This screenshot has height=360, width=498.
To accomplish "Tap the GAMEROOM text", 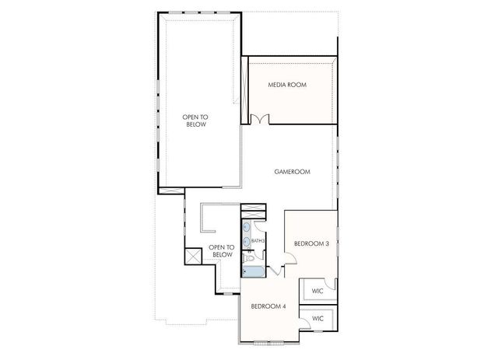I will click(x=293, y=172).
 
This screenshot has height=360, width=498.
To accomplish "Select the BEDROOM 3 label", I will click(x=311, y=243).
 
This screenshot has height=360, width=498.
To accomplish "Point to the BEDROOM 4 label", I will click(x=268, y=306).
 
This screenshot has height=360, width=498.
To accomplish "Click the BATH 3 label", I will click(x=258, y=241).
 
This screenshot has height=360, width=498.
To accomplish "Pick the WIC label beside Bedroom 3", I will click(x=317, y=291).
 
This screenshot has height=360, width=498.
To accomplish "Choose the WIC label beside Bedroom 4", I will click(x=317, y=319).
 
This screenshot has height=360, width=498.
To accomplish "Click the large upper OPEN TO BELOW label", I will click(x=196, y=121).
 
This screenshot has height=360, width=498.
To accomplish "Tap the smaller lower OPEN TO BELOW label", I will click(x=222, y=251).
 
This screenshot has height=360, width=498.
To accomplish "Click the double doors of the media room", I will click(x=260, y=119).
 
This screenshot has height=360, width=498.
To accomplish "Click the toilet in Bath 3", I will click(x=250, y=257).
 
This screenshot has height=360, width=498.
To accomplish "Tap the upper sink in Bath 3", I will click(x=247, y=228).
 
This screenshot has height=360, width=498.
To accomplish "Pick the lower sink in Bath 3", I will click(x=247, y=241).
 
